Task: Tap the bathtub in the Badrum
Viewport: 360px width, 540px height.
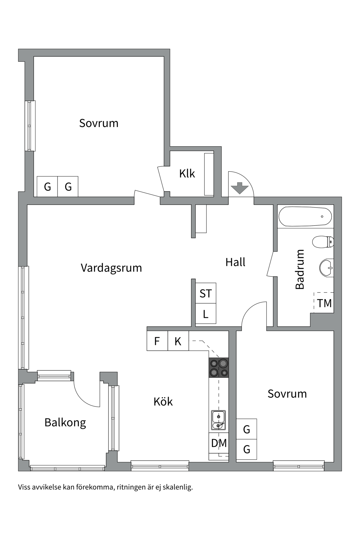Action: pos(305,217)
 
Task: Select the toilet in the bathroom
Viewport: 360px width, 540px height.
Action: pos(323,242)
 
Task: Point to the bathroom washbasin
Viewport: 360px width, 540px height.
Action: pos(327,268)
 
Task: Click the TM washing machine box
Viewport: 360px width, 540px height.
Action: pos(324,303)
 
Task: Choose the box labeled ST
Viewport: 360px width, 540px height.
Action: pos(206,293)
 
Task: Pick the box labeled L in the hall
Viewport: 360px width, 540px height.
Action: pos(206,314)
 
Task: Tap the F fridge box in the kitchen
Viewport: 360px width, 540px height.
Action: pos(157,341)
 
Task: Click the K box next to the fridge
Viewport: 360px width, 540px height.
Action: pos(178,341)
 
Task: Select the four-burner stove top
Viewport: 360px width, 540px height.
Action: pos(219,368)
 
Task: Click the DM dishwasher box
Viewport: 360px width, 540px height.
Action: pos(219,443)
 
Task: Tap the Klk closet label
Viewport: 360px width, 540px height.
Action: pos(187,174)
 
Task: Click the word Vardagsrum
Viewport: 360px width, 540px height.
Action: pos(111,268)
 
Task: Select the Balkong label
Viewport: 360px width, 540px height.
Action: pos(65,422)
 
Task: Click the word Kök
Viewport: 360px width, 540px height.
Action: pos(163,401)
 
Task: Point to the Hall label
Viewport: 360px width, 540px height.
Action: pos(235,262)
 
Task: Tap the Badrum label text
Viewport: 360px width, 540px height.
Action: pos(300,269)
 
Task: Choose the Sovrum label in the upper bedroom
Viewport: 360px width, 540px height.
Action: pos(99,123)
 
